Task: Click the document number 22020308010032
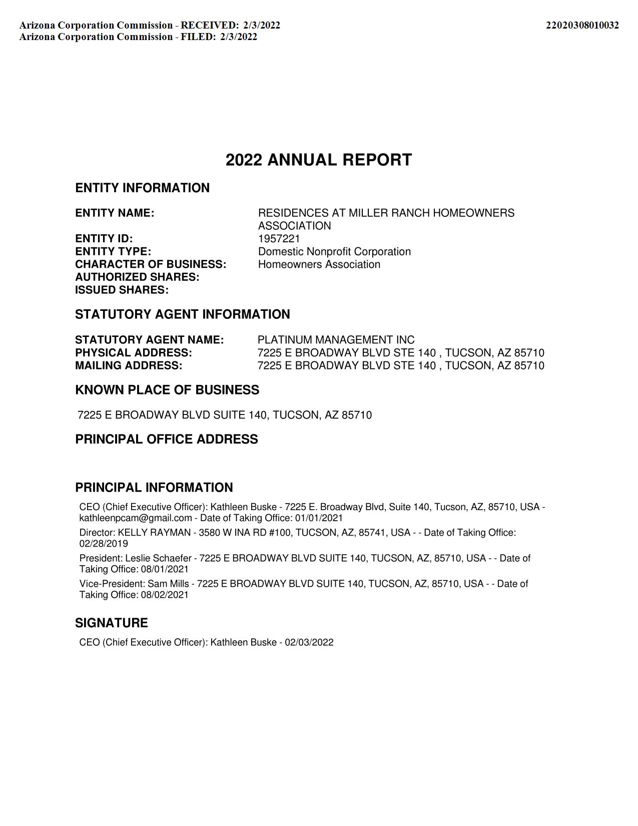(582, 25)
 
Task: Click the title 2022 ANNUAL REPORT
(319, 160)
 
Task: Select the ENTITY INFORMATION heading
(142, 188)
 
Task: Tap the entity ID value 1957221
(279, 238)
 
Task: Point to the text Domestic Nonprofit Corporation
(334, 251)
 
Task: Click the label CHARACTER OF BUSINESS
(151, 264)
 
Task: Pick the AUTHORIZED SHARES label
(137, 277)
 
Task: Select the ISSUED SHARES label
(122, 290)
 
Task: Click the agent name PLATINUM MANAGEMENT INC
(336, 340)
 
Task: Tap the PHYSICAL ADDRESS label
(134, 352)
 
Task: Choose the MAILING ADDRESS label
(129, 365)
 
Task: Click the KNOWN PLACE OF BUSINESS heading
(167, 390)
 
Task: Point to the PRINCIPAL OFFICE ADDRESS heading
(167, 439)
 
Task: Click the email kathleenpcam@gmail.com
(136, 518)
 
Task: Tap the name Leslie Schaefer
(158, 558)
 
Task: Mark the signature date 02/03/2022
(309, 642)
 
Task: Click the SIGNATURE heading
(112, 623)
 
